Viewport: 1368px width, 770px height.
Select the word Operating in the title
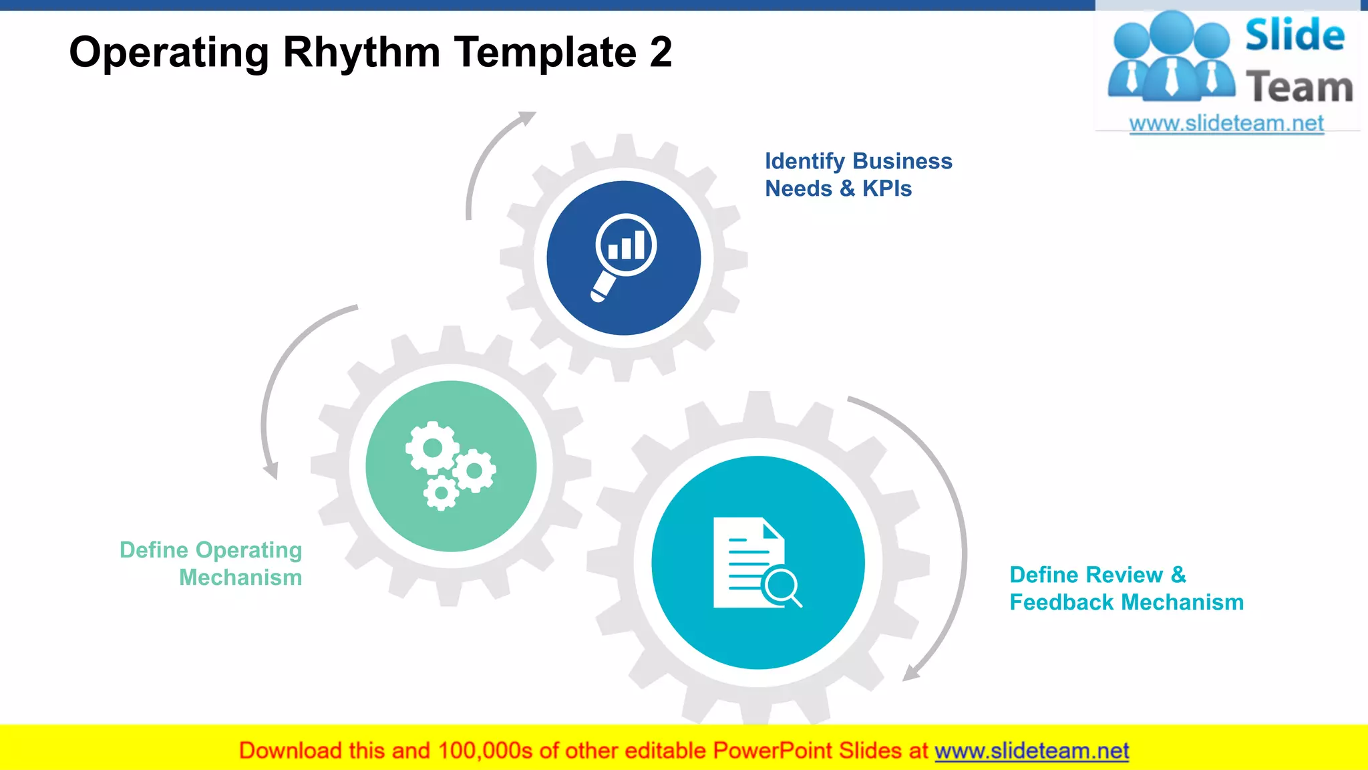click(x=169, y=53)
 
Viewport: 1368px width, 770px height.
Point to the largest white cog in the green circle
click(x=432, y=448)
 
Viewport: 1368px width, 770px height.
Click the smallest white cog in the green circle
click(x=441, y=494)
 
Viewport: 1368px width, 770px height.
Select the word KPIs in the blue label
click(x=886, y=189)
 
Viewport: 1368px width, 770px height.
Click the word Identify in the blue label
click(x=804, y=162)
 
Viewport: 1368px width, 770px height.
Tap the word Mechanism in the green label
click(x=240, y=577)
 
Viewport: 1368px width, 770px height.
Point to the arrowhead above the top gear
click(x=528, y=118)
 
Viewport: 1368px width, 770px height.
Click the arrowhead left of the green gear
click(x=271, y=471)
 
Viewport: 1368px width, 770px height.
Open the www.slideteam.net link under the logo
click(x=1226, y=124)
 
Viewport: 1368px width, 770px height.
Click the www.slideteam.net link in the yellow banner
click(x=1031, y=751)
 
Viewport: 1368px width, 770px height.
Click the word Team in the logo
click(x=1299, y=88)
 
